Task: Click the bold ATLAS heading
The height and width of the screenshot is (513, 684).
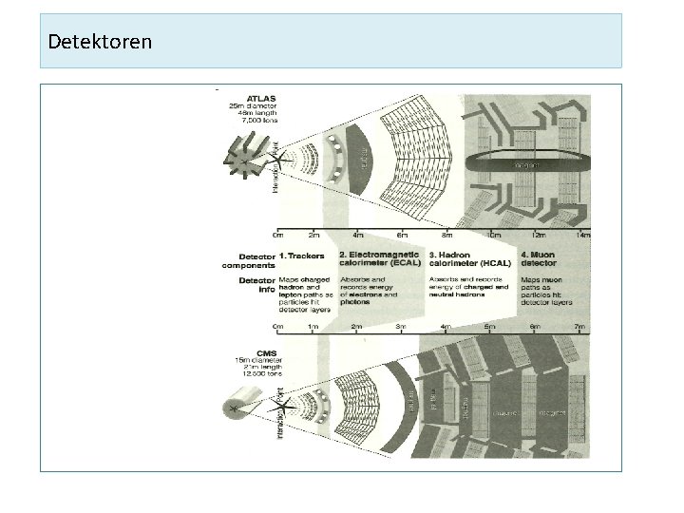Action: click(261, 97)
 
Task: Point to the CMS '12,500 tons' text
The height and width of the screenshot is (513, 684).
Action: click(261, 374)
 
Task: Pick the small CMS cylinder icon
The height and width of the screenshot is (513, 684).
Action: click(235, 408)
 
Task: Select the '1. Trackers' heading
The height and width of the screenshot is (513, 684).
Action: click(301, 256)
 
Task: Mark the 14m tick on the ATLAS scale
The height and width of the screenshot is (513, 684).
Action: click(584, 235)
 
